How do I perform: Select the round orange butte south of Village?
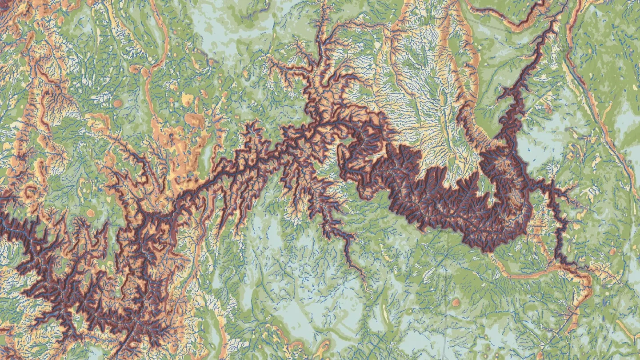(x=456, y=303)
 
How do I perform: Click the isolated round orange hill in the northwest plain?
(x=118, y=103)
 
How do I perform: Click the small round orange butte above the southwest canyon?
(x=91, y=213)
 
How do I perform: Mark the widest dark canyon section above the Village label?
(x=444, y=200)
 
